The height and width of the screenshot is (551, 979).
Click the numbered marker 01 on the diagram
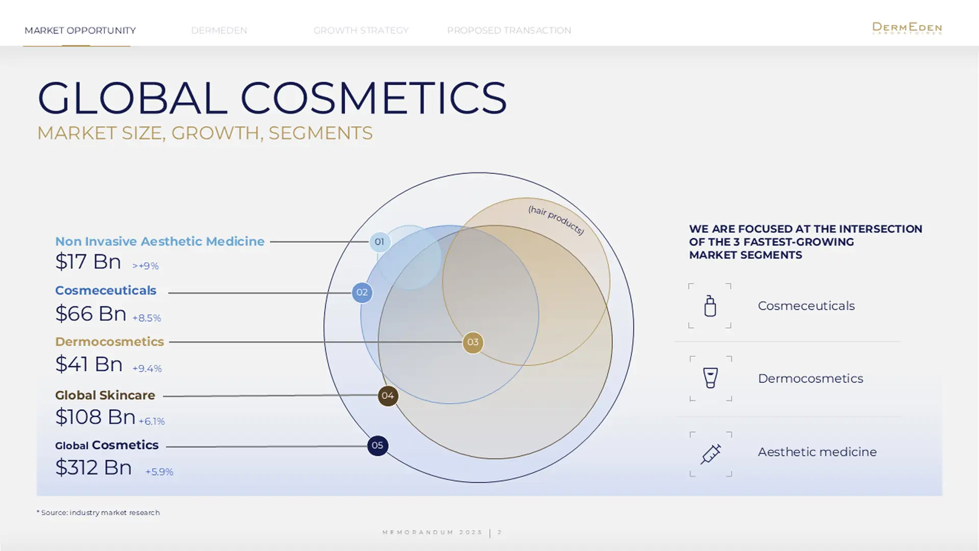tap(379, 242)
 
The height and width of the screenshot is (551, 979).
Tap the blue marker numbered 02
tap(362, 292)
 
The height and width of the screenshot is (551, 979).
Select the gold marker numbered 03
tap(473, 342)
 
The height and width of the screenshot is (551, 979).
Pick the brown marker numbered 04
tap(388, 395)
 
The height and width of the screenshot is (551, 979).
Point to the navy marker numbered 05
tap(377, 445)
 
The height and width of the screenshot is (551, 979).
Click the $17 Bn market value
tap(88, 262)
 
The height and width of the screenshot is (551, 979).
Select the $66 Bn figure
tap(91, 313)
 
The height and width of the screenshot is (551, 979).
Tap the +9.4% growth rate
tap(147, 368)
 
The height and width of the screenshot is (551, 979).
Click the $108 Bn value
tap(95, 417)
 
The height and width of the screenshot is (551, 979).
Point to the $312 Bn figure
tap(93, 467)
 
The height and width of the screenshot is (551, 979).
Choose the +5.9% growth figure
tap(159, 472)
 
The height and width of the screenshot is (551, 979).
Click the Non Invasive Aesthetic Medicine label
tap(160, 241)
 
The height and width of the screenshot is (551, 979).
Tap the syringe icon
tap(710, 454)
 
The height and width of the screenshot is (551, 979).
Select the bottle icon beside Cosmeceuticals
tap(710, 306)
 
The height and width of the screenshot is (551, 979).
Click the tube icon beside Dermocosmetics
tap(710, 378)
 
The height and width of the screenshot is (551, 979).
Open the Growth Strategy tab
tap(361, 31)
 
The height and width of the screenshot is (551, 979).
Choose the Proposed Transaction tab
tap(509, 31)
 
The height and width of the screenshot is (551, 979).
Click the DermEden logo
tap(907, 28)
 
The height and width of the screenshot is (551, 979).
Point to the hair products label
tap(556, 220)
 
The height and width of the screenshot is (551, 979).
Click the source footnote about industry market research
tap(98, 512)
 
